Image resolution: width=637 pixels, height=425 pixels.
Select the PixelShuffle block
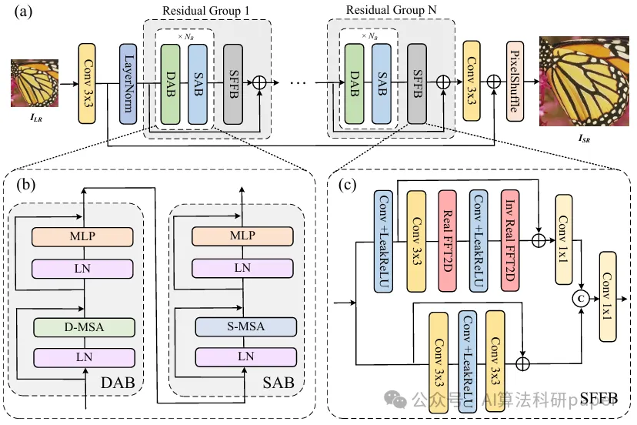pos(515,82)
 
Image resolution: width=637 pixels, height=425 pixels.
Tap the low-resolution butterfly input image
pos(34,85)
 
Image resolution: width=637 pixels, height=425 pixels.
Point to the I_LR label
pos(34,119)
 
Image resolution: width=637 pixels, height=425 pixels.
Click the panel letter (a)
pos(17,10)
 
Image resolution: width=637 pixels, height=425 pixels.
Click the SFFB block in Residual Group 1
pos(233,82)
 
